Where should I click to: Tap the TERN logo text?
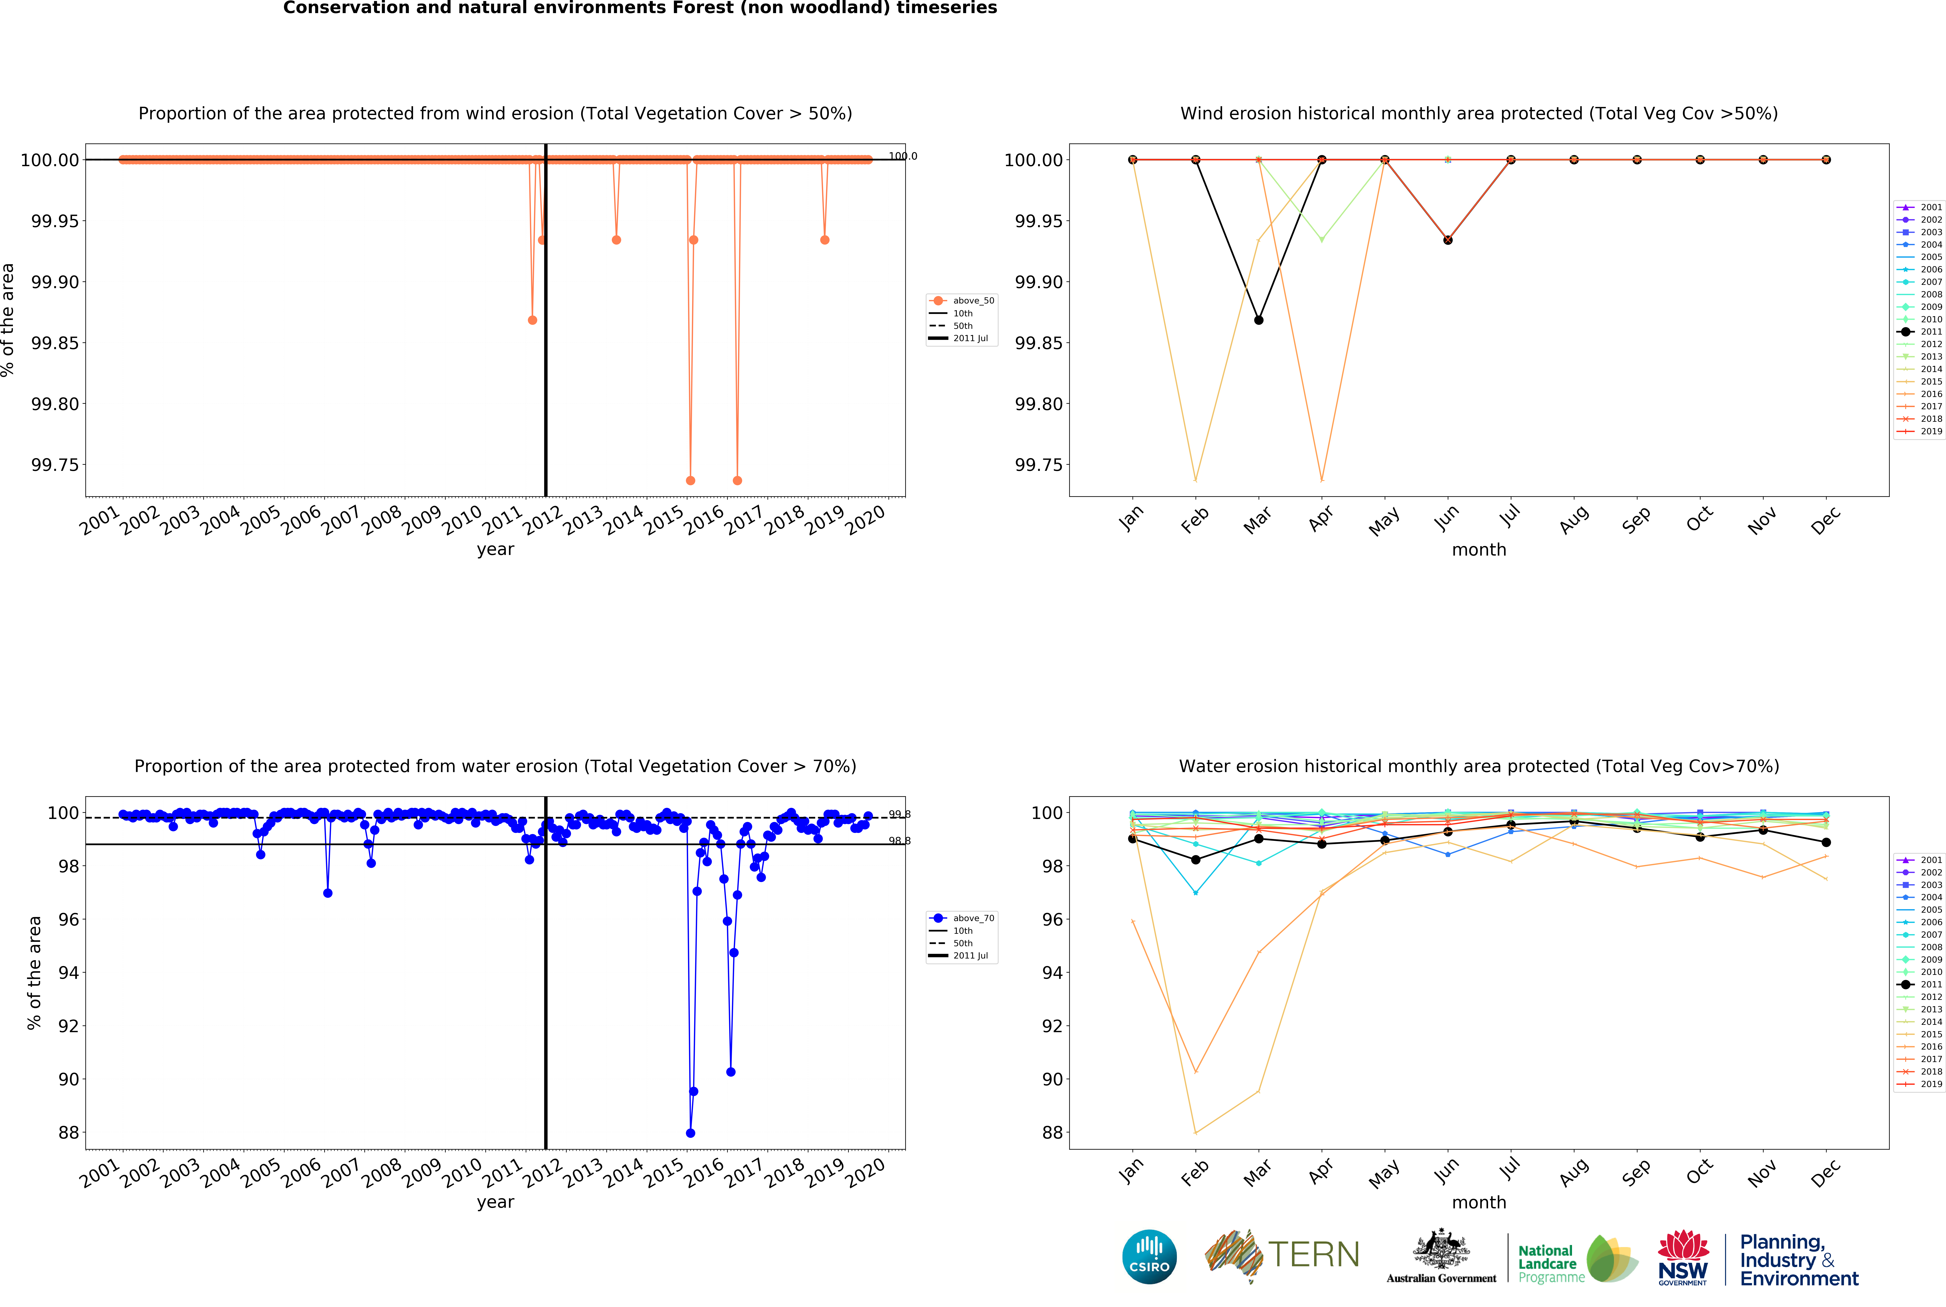pos(1313,1254)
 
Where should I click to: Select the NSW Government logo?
pos(1683,1257)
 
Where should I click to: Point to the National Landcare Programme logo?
pos(1576,1259)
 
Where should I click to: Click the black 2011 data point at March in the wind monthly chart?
pos(1258,320)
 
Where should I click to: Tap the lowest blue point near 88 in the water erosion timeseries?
pos(690,1133)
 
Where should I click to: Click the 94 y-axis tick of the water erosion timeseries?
pos(68,973)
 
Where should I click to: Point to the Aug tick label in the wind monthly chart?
pos(1574,521)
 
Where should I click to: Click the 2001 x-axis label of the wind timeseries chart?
pos(100,521)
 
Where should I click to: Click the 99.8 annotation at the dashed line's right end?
pos(899,814)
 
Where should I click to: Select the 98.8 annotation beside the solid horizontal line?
pos(899,841)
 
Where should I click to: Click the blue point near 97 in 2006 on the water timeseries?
pos(328,893)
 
